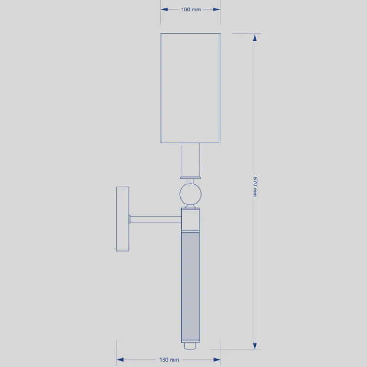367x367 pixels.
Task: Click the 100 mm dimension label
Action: pos(191,10)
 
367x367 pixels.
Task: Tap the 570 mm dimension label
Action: pos(255,187)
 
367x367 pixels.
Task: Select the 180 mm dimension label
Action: pos(169,360)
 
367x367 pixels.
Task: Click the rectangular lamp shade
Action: pos(190,88)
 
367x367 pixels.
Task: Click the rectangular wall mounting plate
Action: pos(122,219)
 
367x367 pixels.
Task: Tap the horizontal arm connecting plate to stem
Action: pos(155,219)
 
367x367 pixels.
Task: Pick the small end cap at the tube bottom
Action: pos(190,343)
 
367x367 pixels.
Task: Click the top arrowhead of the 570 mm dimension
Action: pos(255,37)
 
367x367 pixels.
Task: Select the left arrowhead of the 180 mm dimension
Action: pos(120,360)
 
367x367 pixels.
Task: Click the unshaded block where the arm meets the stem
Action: pos(190,220)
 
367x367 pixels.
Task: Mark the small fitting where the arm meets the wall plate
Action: pos(130,219)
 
